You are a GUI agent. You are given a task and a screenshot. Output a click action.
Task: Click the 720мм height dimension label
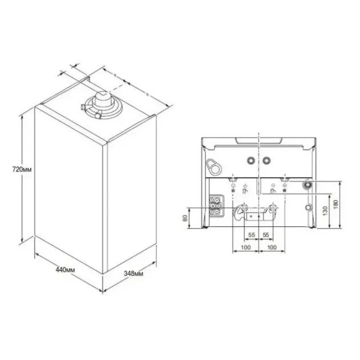[x=13, y=170]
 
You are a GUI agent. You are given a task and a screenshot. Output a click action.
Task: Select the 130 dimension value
[x=325, y=211]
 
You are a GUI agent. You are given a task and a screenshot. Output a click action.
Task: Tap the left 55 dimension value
[x=251, y=235]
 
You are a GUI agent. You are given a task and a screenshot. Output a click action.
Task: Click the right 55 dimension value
[x=266, y=235]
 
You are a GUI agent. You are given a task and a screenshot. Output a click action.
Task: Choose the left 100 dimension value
[x=246, y=247]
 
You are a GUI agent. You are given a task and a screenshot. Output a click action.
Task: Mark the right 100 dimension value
[x=272, y=247]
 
